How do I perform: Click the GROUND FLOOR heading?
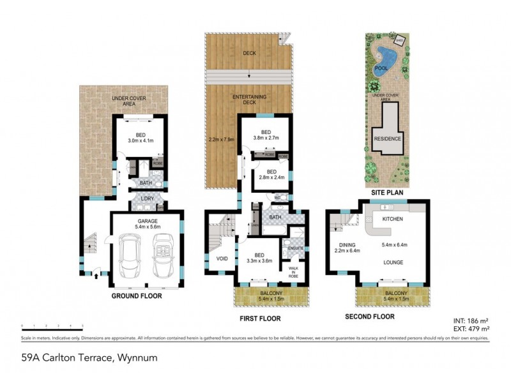click(x=137, y=296)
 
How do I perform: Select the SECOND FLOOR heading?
click(x=369, y=317)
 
